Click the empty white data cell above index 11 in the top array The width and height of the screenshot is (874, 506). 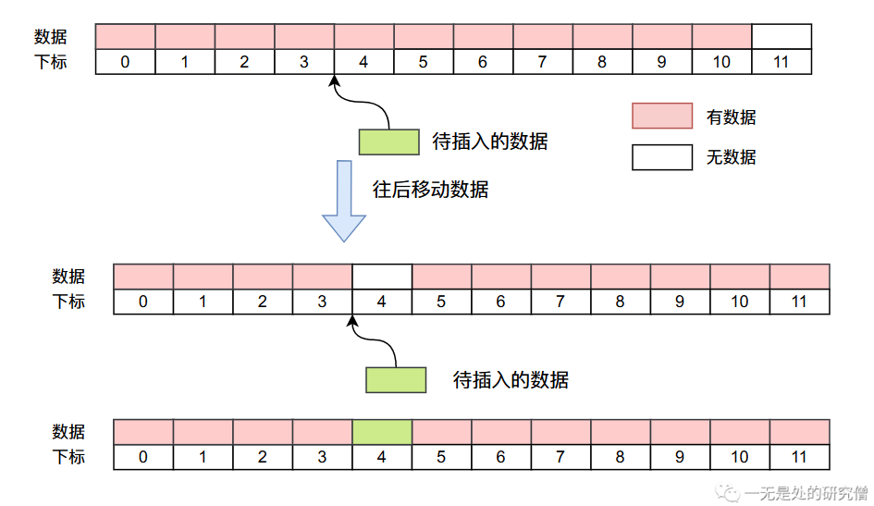click(x=782, y=37)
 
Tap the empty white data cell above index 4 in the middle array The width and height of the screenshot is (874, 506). click(x=382, y=277)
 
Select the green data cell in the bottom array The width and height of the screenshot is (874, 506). click(x=382, y=432)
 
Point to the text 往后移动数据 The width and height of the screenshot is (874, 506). click(x=430, y=190)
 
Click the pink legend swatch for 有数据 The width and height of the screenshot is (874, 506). click(x=662, y=116)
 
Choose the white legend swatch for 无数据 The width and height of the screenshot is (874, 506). click(x=662, y=157)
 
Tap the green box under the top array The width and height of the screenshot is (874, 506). click(x=388, y=142)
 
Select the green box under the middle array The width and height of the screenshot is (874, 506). click(x=396, y=380)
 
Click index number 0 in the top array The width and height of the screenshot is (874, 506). click(x=125, y=63)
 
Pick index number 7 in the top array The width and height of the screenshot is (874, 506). click(x=543, y=63)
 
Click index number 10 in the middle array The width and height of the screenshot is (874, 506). click(x=739, y=302)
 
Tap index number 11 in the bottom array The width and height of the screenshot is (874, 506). click(x=799, y=457)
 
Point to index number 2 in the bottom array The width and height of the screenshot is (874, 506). click(x=262, y=457)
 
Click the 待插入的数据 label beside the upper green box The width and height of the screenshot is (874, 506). click(x=490, y=142)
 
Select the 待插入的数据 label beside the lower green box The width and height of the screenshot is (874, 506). click(x=511, y=380)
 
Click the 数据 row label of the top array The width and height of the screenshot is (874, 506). click(x=51, y=37)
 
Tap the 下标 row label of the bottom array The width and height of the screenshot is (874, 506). click(x=68, y=457)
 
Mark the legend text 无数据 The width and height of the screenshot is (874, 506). click(x=731, y=157)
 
